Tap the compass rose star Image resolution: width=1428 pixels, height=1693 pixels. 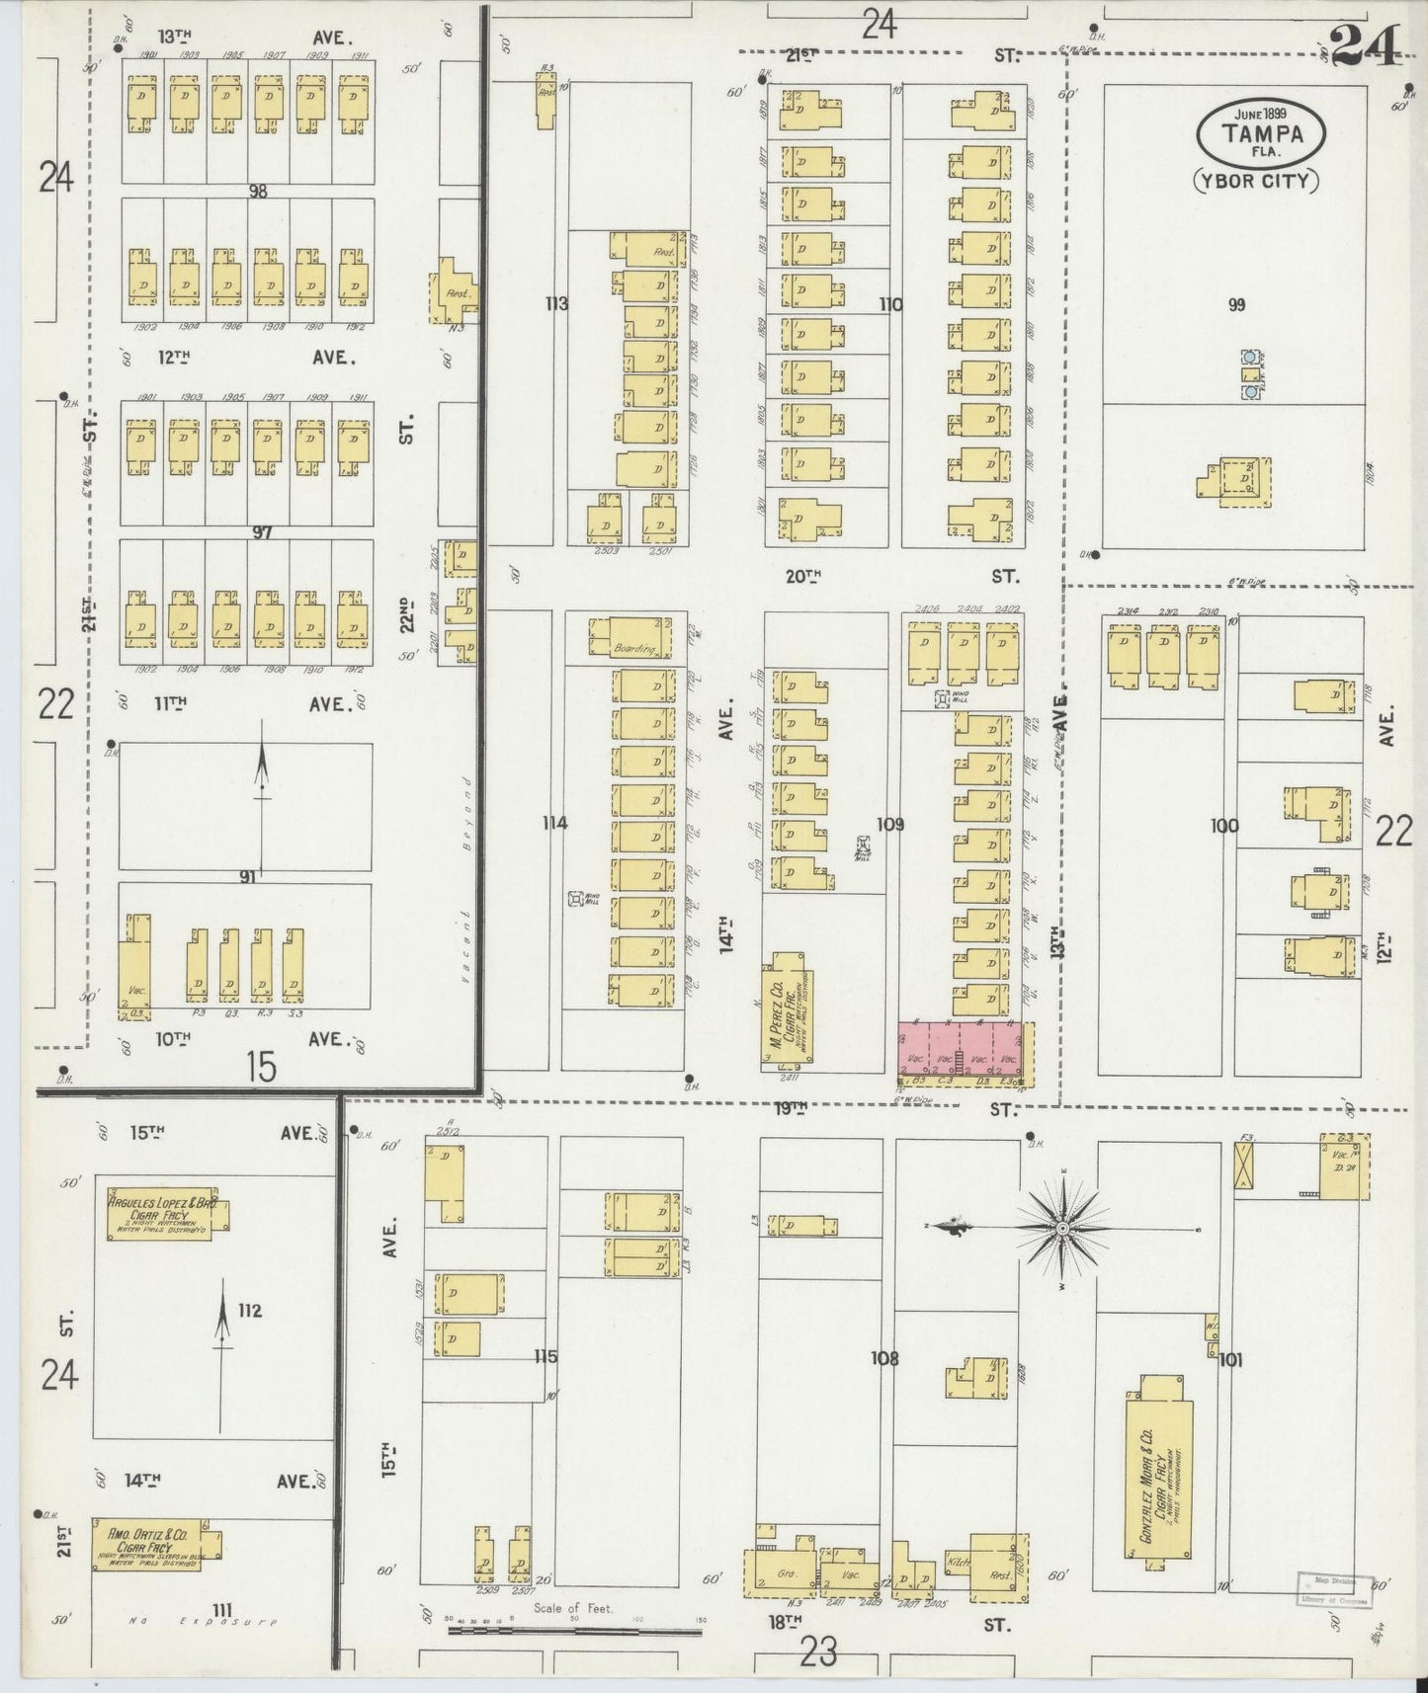pos(1061,1228)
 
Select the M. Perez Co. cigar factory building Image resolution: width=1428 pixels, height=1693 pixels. pos(787,1008)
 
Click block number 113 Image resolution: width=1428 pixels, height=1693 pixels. pos(556,303)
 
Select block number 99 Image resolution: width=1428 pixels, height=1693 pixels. pos(1235,305)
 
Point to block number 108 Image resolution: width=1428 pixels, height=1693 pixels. pos(883,1359)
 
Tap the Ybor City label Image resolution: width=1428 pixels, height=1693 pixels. pos(1254,180)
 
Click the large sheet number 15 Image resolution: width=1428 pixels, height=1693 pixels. pos(261,1067)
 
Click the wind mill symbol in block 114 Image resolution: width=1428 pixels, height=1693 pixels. pos(575,899)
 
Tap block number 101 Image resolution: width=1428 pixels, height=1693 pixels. pos(1229,1360)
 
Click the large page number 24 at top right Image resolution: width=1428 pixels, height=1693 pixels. pos(1364,44)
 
